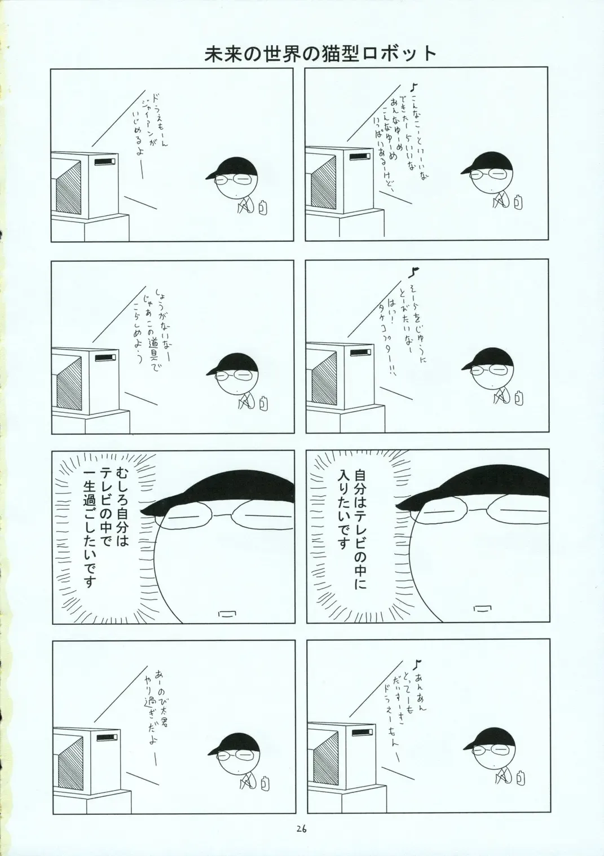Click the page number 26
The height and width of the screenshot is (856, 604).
coord(301,828)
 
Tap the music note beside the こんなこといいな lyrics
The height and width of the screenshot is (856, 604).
coord(414,87)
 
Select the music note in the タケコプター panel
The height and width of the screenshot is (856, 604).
coord(415,272)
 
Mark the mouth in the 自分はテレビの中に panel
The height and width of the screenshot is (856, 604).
coord(481,608)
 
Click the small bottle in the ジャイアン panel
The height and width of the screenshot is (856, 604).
coord(263,208)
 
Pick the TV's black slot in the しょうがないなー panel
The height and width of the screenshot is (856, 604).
coord(104,358)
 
